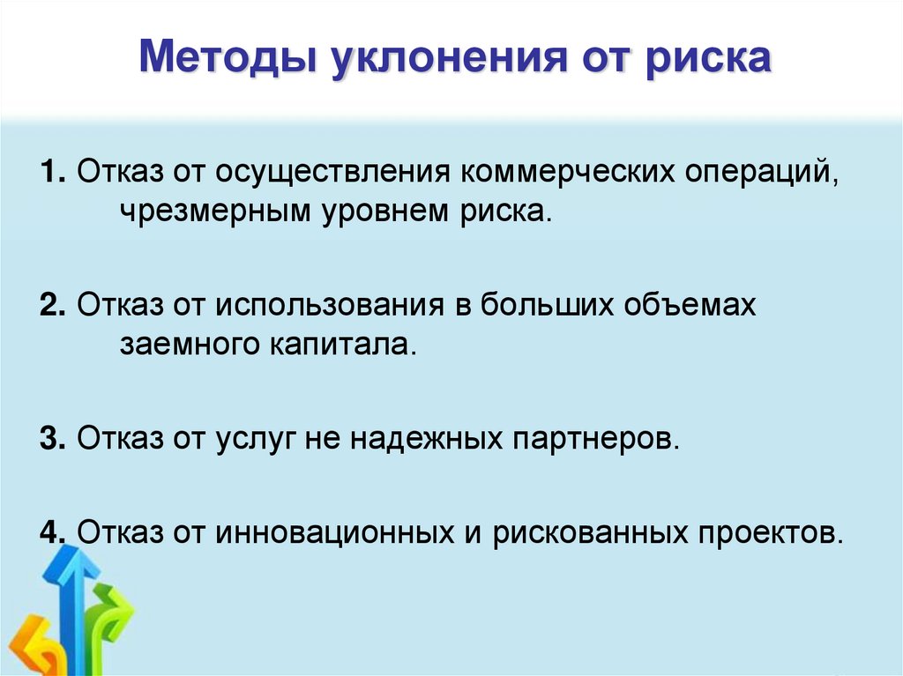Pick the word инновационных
(x=326, y=532)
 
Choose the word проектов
(x=765, y=532)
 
